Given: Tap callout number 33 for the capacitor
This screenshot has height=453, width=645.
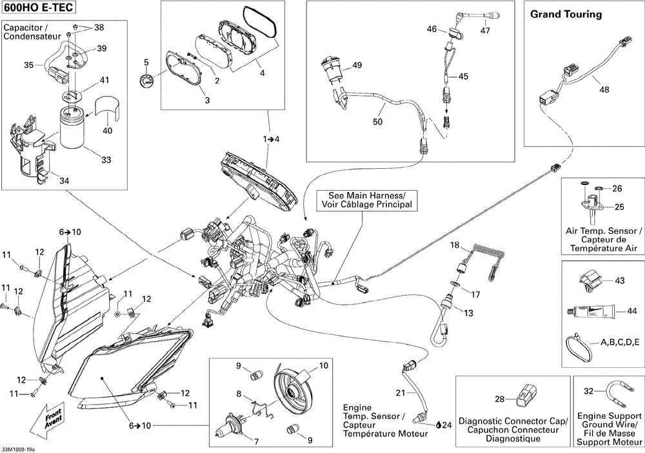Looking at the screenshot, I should point(106,160).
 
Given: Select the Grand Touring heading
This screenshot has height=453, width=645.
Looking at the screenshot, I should point(566,14).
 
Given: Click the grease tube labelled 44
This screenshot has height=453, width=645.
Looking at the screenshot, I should point(590,311).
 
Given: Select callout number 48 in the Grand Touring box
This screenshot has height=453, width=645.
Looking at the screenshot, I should point(604,90).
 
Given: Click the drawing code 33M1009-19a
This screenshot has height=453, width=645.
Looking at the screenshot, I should point(19,448).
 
